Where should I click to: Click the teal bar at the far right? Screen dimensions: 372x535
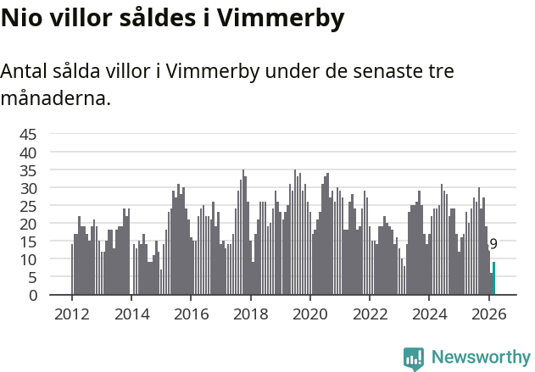pos(493,279)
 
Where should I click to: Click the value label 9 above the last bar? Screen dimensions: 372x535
pos(493,244)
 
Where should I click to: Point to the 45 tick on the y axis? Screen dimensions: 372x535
pos(28,134)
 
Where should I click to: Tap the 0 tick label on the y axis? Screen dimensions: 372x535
pos(33,295)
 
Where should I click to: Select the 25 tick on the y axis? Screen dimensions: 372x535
pos(28,206)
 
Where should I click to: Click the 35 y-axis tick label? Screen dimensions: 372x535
pos(28,170)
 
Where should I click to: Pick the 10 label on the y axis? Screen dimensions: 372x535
pos(28,259)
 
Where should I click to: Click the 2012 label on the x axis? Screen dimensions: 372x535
pos(71,314)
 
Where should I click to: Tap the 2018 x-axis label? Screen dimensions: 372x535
pos(250,314)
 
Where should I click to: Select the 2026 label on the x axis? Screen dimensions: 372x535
pos(488,314)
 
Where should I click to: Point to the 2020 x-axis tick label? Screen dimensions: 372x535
pos(309,314)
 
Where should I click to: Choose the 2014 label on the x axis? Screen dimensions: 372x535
pos(131,314)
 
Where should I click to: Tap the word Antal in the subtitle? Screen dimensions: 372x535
pos(26,71)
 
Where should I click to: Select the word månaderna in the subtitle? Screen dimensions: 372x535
pos(55,98)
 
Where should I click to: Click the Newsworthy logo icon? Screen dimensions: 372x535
pos(413,358)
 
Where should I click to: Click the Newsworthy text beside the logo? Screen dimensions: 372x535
pos(480,358)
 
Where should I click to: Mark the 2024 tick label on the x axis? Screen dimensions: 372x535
pos(429,314)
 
